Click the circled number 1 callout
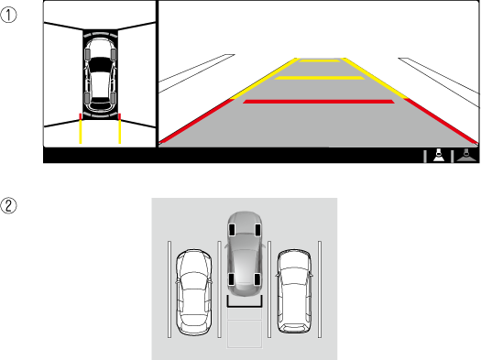[x=8, y=15]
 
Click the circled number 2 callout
[x=8, y=205]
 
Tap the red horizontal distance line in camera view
[x=319, y=102]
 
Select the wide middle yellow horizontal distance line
[x=320, y=78]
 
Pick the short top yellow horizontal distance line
[x=320, y=60]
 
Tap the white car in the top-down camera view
[x=100, y=74]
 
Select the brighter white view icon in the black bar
[x=439, y=155]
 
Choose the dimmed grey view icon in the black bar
[x=466, y=155]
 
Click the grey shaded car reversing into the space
[x=245, y=254]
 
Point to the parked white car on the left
[x=193, y=292]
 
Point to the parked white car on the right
[x=294, y=291]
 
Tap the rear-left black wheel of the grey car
[x=232, y=279]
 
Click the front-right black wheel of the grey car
[x=257, y=230]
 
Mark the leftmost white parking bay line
[x=169, y=289]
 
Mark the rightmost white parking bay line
[x=320, y=289]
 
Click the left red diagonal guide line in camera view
[x=196, y=121]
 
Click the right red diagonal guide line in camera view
[x=442, y=121]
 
